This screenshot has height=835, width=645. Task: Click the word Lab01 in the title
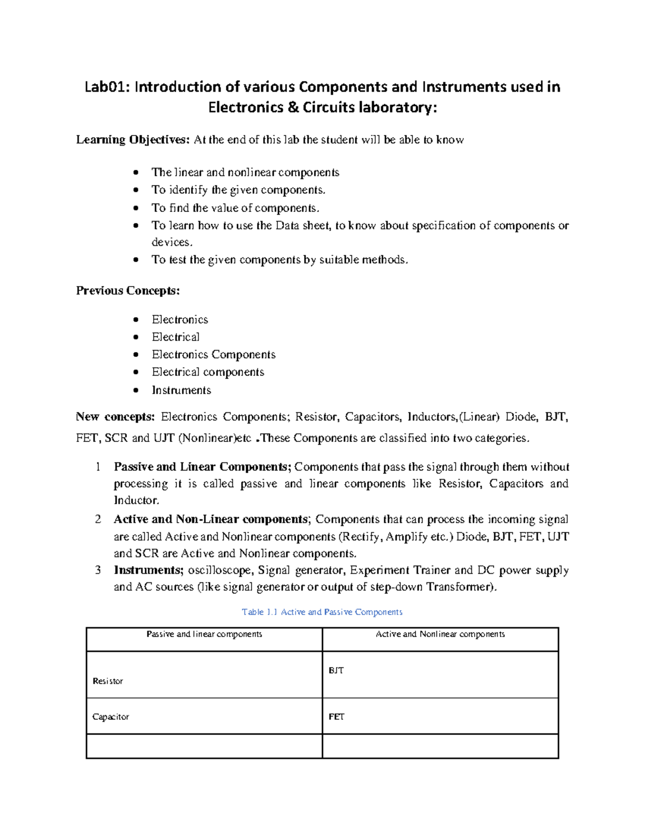pyautogui.click(x=106, y=87)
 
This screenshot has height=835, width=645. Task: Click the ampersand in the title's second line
pyautogui.click(x=293, y=108)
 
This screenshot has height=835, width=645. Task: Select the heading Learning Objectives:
pyautogui.click(x=133, y=140)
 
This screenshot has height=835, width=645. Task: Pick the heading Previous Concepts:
pyautogui.click(x=128, y=291)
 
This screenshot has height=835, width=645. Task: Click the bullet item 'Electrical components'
pyautogui.click(x=207, y=372)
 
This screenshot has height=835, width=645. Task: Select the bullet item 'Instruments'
pyautogui.click(x=181, y=390)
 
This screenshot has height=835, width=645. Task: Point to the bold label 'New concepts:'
pyautogui.click(x=115, y=417)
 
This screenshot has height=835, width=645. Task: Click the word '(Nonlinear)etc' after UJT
pyautogui.click(x=214, y=438)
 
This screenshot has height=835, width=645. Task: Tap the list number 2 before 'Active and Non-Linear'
pyautogui.click(x=98, y=519)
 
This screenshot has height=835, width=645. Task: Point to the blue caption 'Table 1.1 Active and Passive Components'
pyautogui.click(x=322, y=612)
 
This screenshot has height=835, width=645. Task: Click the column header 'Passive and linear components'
pyautogui.click(x=204, y=634)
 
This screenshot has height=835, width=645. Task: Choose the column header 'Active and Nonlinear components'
pyautogui.click(x=440, y=634)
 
